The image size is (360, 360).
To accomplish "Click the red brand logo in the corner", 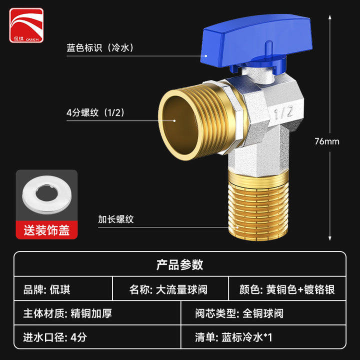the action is [x=26, y=25].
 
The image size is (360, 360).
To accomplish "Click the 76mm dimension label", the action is [x=327, y=141].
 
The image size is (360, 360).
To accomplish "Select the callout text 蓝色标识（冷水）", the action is [x=100, y=48].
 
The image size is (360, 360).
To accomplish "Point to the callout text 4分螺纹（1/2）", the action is [x=95, y=112].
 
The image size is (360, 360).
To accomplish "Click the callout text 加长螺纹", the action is [x=116, y=219].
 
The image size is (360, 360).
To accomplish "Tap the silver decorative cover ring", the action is [x=47, y=194].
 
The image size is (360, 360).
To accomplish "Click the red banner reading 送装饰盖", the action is [x=46, y=230].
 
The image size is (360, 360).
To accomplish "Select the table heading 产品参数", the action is [x=180, y=264].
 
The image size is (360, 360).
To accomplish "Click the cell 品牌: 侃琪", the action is [x=46, y=289].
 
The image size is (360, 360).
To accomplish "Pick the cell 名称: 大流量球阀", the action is [x=168, y=289].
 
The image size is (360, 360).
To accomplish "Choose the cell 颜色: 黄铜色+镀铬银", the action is [x=287, y=289].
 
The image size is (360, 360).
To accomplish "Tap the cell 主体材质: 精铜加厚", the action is [x=67, y=313].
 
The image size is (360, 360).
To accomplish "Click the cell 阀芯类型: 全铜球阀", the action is [x=239, y=313].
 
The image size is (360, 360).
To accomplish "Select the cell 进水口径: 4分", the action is [x=55, y=337].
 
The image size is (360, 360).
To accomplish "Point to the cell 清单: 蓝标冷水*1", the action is [x=233, y=337].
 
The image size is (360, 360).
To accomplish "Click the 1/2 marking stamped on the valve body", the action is [x=283, y=113].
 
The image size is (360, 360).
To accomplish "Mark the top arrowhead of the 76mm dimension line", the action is [x=329, y=16].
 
